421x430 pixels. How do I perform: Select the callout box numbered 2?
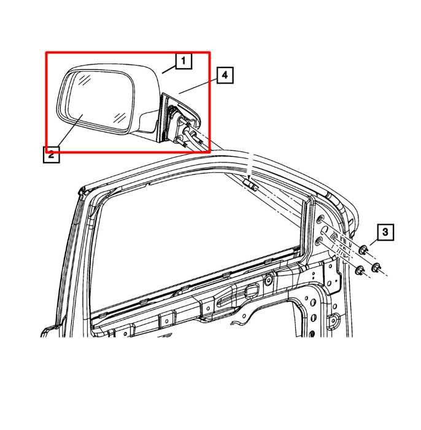(52, 154)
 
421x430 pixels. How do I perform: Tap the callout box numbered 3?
(385, 232)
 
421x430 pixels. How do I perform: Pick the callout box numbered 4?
(225, 75)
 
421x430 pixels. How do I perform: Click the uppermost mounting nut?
(363, 249)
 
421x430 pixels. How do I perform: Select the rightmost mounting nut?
(376, 266)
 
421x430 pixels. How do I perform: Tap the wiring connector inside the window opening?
(250, 183)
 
